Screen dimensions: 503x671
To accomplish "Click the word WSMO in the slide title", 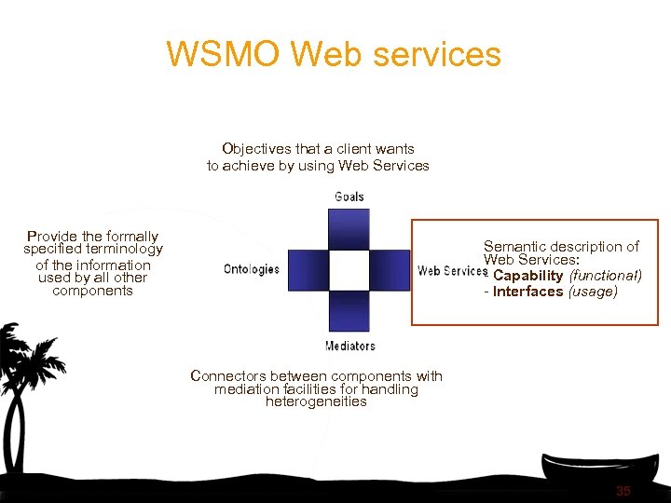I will click(224, 54).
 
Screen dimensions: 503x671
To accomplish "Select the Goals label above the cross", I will click(349, 197).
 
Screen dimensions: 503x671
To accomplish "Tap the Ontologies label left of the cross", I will click(252, 269).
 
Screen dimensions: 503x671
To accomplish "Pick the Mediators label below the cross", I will click(349, 346).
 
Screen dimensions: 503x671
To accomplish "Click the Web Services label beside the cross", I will click(452, 271).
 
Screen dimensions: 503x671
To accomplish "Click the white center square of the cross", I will click(349, 270).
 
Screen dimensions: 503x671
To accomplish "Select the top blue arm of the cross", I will click(349, 229).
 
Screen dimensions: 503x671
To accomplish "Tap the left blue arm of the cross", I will click(308, 270).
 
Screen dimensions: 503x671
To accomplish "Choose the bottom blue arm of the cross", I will click(349, 311).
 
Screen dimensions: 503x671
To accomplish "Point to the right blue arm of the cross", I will click(390, 270).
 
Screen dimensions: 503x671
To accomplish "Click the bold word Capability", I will click(527, 276).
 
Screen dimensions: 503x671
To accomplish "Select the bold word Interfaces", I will click(527, 292).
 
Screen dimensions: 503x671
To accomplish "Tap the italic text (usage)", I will click(593, 292).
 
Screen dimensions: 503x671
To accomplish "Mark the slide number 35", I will click(623, 491).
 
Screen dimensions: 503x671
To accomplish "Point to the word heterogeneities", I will click(316, 401).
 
